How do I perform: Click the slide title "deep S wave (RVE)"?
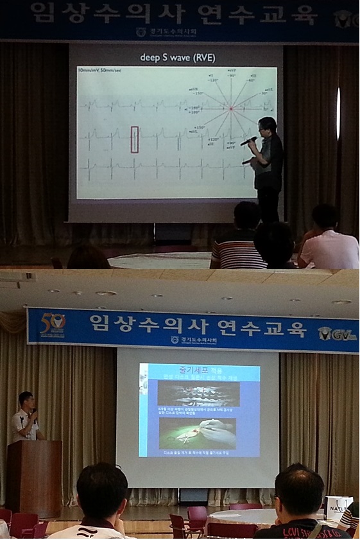coord(178,58)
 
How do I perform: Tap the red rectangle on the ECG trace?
coord(135,139)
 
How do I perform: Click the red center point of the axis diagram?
coord(230,108)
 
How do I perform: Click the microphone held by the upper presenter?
coord(248,141)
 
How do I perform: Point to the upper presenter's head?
coord(267,125)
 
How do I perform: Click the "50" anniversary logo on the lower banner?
coord(53,323)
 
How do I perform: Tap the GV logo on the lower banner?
coord(338,333)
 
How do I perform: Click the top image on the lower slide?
coord(198,394)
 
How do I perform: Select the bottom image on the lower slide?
coord(198,433)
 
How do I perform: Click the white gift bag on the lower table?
coord(338,507)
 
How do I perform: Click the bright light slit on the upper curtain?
coord(338,113)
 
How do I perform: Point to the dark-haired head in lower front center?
coord(102,491)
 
